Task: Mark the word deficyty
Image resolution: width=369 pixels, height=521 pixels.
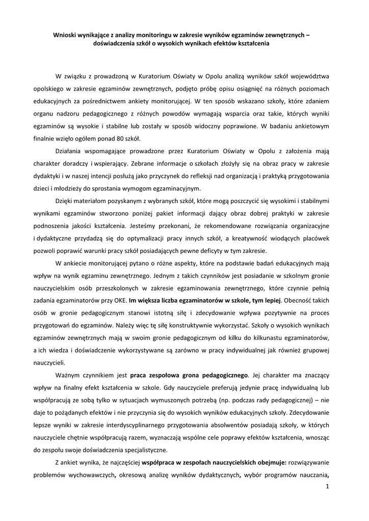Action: click(x=210, y=251)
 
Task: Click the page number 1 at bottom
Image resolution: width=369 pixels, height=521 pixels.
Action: click(x=327, y=487)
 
